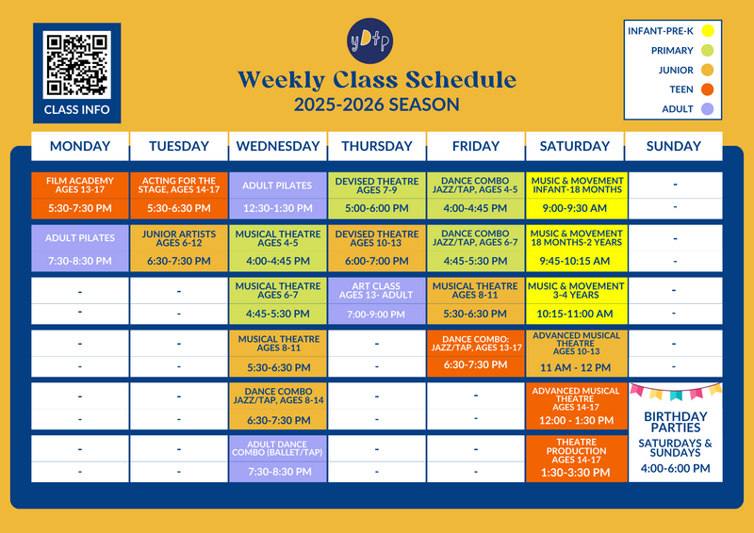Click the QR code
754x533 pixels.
[x=76, y=64]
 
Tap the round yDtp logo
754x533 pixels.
[x=369, y=40]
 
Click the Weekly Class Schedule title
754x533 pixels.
[x=377, y=80]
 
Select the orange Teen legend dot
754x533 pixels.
[x=707, y=89]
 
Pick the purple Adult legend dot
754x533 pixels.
[x=707, y=109]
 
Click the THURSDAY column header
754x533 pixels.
[x=377, y=146]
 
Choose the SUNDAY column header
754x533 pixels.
[x=674, y=146]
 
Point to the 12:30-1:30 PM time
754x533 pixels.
[x=277, y=209]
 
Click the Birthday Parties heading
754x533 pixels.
[x=675, y=422]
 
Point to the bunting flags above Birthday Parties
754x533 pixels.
[x=676, y=391]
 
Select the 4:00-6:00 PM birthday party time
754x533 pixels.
[x=675, y=468]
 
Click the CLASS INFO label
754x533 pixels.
[x=77, y=110]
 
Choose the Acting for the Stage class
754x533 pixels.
[x=179, y=185]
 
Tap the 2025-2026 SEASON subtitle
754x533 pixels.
[x=377, y=105]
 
